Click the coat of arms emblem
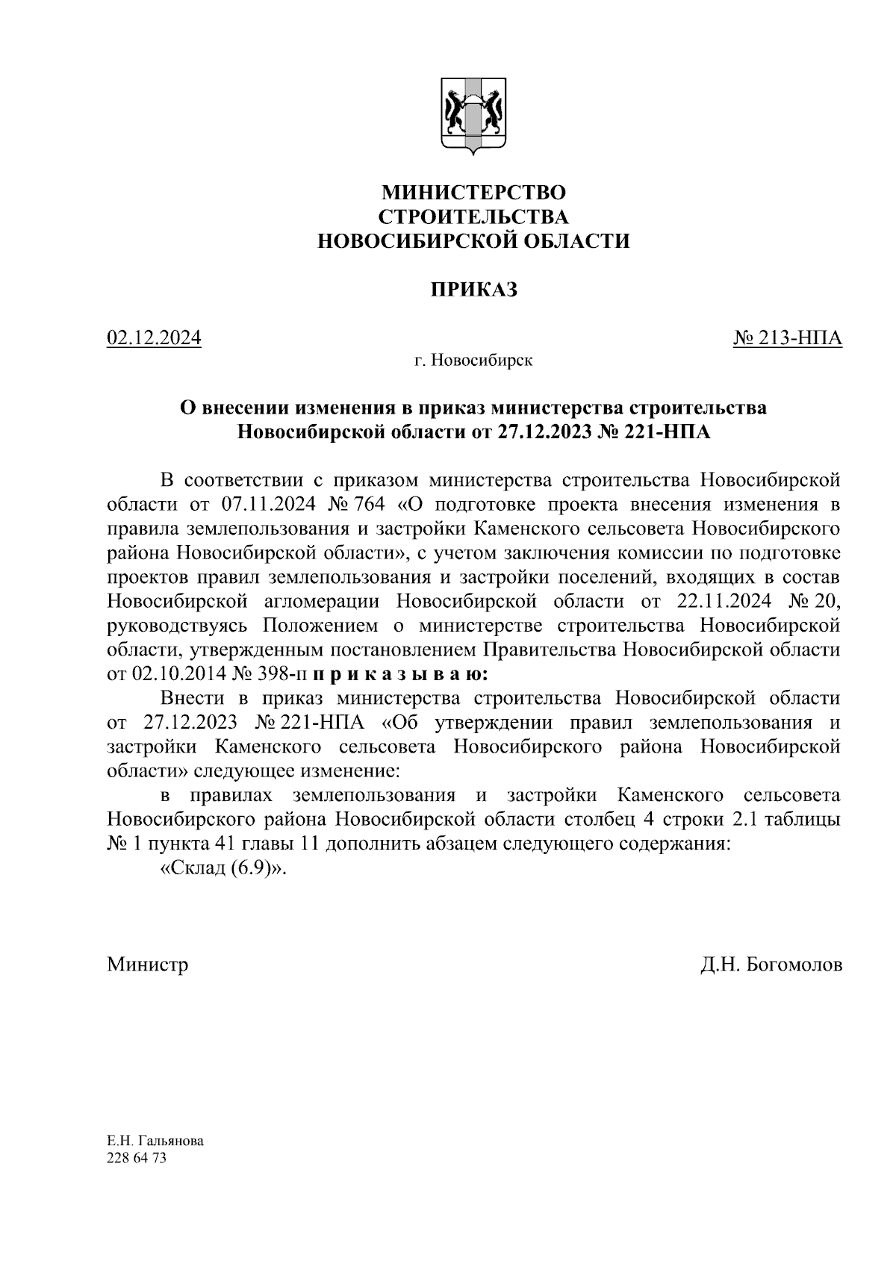473,116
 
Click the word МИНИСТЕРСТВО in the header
473,193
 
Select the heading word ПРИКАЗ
473,290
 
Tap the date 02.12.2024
155,338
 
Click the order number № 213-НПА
788,338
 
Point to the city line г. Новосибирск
473,361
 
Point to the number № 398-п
271,674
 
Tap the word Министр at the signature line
147,964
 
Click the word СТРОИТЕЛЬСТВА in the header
473,217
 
